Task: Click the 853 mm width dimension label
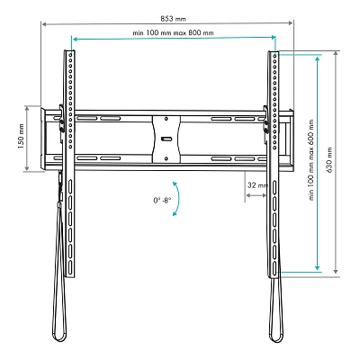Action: pos(173,19)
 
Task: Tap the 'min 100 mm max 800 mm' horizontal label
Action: pos(173,32)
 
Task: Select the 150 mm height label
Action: pos(21,139)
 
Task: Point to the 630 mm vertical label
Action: pos(329,161)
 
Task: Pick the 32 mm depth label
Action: pos(257,185)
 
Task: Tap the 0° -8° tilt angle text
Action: pos(162,200)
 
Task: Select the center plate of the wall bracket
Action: pos(166,139)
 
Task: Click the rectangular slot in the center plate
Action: pos(166,139)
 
